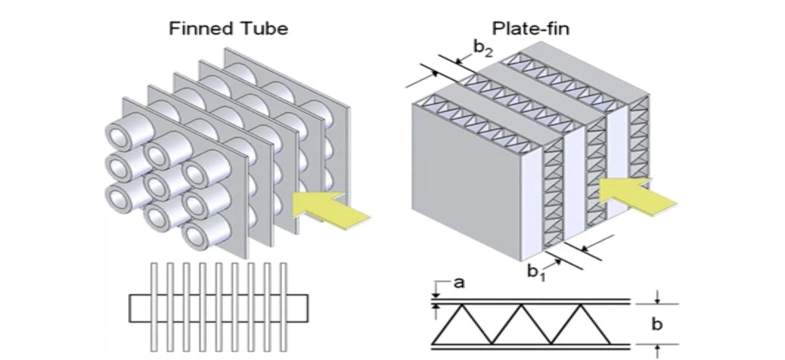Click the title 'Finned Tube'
pyautogui.click(x=228, y=29)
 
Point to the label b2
pyautogui.click(x=483, y=49)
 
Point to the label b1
pyautogui.click(x=536, y=271)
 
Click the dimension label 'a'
pyautogui.click(x=459, y=283)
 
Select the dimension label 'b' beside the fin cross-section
pyautogui.click(x=656, y=324)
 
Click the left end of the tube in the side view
pyautogui.click(x=137, y=308)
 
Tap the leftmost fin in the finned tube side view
pyautogui.click(x=153, y=305)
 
